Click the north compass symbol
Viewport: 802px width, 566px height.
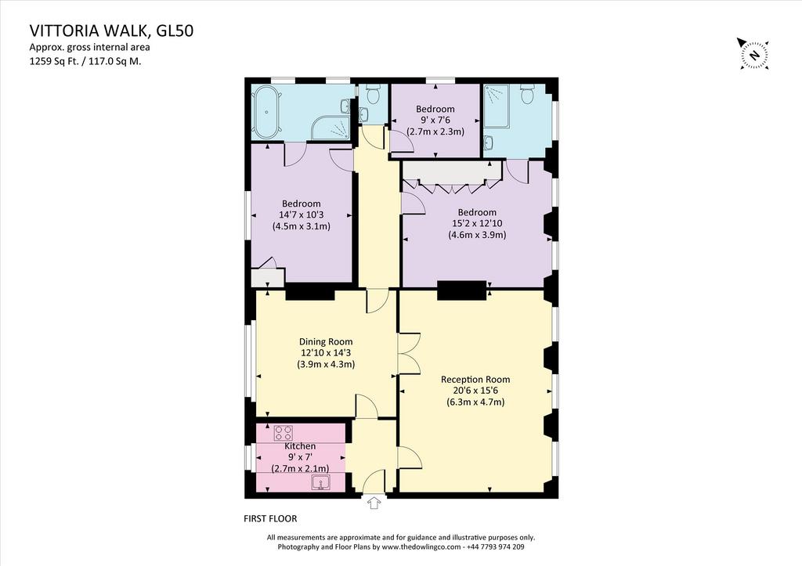coord(753,53)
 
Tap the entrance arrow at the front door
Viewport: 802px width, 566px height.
coord(374,503)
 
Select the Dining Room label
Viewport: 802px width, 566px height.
coord(326,341)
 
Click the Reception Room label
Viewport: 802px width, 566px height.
coord(475,380)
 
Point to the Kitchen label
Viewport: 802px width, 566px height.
coord(300,446)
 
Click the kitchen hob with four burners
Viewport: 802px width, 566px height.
coord(284,433)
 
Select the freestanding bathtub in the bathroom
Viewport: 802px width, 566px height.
coord(266,112)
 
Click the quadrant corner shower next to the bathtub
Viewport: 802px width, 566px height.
coord(331,128)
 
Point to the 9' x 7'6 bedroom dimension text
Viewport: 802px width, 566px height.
coord(435,120)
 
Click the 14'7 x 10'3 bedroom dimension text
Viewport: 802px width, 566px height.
coord(301,215)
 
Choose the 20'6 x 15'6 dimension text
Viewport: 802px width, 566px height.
coord(475,391)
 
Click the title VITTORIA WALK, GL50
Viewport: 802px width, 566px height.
coord(111,31)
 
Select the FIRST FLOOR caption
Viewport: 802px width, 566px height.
coord(270,518)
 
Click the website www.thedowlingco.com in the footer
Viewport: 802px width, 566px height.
coord(421,546)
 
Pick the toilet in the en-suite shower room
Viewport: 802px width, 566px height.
coord(527,94)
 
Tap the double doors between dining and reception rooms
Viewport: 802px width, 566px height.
coord(409,354)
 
